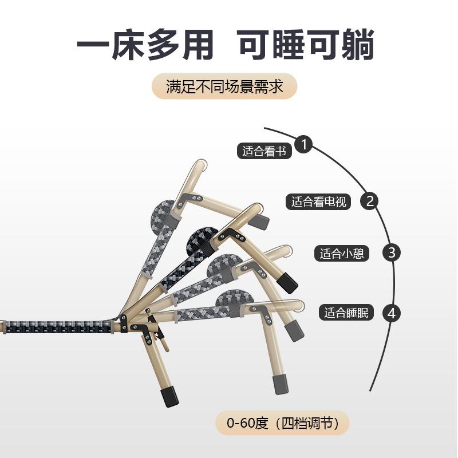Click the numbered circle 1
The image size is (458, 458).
[x=304, y=144]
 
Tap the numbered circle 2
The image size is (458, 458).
[x=370, y=200]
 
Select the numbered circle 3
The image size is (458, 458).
[x=392, y=252]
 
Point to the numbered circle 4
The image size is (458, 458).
[x=392, y=313]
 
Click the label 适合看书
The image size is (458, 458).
[x=264, y=151]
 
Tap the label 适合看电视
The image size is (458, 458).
[x=319, y=202]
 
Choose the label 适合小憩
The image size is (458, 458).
[x=342, y=254]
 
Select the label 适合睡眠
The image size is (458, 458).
[x=346, y=313]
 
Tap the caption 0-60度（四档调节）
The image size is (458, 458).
[x=282, y=424]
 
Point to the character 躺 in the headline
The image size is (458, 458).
[x=356, y=45]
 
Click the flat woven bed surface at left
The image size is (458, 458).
[x=57, y=327]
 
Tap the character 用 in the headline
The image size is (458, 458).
[x=196, y=45]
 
